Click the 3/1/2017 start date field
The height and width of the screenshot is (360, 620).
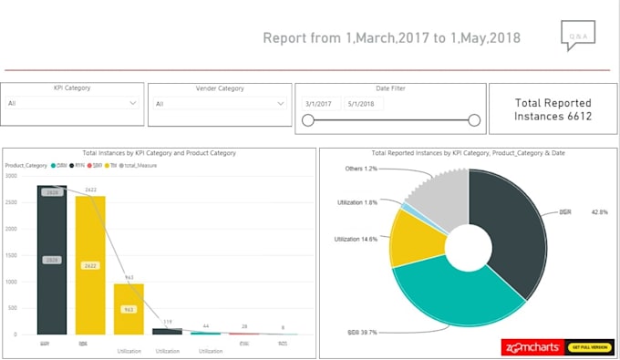324,104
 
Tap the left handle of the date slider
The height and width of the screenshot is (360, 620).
308,120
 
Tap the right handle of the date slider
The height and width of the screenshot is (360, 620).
474,120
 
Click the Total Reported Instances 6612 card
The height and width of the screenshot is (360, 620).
553,109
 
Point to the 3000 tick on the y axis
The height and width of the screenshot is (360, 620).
11,176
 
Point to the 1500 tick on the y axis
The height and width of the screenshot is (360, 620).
11,255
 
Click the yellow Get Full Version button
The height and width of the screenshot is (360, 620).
589,347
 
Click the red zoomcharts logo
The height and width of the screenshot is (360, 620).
533,347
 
